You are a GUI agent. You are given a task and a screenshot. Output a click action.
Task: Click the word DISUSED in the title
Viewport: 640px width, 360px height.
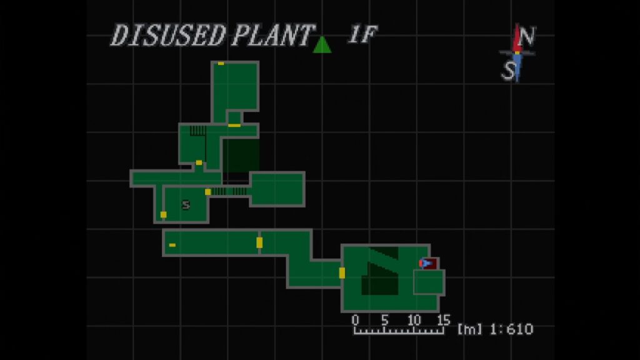coord(167,35)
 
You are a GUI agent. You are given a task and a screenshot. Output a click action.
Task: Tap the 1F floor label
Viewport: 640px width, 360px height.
coord(362,34)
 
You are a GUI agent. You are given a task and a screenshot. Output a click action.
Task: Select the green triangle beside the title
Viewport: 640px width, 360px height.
coord(322,44)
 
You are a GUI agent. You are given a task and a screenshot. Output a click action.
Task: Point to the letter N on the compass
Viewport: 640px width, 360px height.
coord(527,36)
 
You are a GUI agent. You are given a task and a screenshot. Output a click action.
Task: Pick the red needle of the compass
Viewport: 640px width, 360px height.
coord(518,38)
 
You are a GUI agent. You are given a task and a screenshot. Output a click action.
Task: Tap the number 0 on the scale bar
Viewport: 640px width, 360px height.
coord(355,319)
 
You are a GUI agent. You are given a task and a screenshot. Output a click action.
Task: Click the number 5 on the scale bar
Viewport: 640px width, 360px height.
coord(384,319)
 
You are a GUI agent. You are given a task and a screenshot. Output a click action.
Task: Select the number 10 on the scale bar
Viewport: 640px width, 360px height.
coord(414,319)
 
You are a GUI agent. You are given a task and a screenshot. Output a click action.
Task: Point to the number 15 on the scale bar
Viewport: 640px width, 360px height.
coord(443,319)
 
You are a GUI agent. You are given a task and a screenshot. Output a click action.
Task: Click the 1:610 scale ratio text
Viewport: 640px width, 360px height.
coord(512,329)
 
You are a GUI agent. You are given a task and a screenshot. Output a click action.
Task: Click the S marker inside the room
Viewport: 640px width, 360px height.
coord(186,204)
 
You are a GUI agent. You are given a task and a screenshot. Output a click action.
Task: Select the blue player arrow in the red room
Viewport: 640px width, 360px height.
coord(426,263)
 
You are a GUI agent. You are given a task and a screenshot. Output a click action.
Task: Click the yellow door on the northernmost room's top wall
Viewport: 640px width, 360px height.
coord(221,63)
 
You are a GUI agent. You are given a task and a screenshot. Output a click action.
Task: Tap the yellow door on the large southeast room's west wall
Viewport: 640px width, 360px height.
coord(342,273)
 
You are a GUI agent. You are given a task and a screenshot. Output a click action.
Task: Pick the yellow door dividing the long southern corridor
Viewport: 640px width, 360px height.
coord(259,242)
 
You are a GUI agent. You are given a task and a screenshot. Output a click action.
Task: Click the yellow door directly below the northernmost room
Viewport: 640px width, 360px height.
coord(234,125)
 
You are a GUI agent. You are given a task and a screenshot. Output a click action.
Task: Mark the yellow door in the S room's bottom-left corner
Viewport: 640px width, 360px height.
coord(163,215)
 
